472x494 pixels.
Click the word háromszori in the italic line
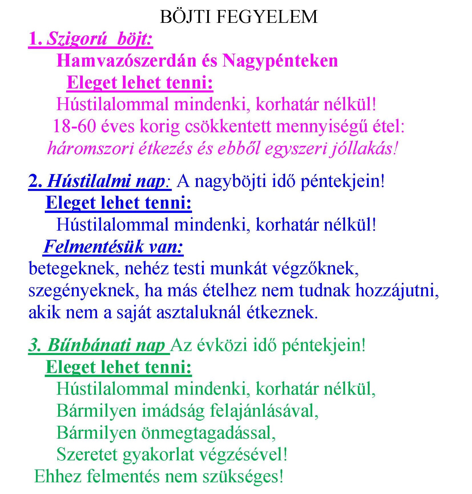click(90, 148)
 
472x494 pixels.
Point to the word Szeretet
click(87, 454)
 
